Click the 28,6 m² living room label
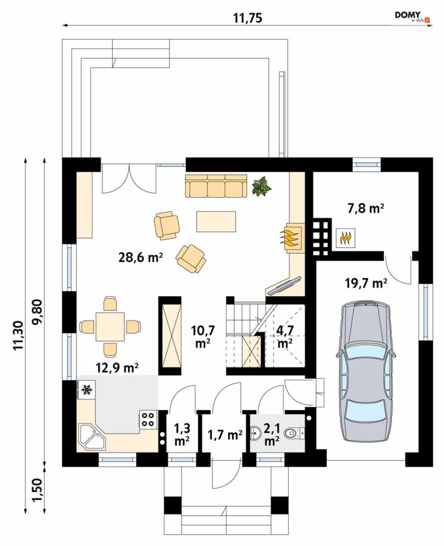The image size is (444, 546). tap(141, 257)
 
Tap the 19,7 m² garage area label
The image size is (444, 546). tap(366, 283)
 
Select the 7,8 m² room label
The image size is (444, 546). tap(366, 208)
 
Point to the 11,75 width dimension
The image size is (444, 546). tap(247, 18)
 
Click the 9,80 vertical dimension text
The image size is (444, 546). tap(37, 312)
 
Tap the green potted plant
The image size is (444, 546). tap(261, 186)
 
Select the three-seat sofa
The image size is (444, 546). tap(216, 186)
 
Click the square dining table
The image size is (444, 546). tap(110, 327)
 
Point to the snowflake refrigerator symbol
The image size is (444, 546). tap(87, 389)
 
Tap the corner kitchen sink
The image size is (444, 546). tap(92, 437)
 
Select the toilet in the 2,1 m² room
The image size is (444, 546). tap(295, 434)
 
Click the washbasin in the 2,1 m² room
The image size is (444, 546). tap(255, 433)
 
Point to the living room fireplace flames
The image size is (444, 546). tap(290, 238)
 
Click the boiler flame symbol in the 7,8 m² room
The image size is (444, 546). tap(345, 238)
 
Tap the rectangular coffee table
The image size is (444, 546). tap(216, 221)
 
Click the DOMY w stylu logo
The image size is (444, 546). tap(412, 17)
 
